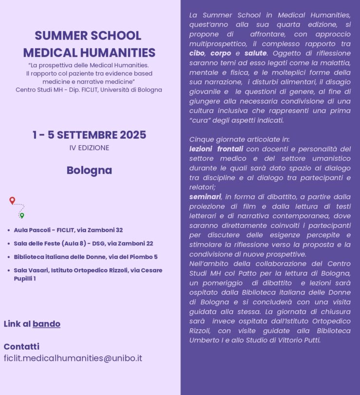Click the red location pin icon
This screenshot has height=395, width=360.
(12, 200)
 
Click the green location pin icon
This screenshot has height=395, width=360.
(21, 215)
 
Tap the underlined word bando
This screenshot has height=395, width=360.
(46, 324)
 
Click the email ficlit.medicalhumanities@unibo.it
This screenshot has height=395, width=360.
(73, 358)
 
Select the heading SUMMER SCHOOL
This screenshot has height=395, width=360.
(88, 36)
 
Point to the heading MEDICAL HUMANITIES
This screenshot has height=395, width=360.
(89, 53)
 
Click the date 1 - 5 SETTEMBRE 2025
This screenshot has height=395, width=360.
(89, 135)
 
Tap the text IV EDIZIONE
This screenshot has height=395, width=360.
(89, 148)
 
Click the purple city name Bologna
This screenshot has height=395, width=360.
(89, 170)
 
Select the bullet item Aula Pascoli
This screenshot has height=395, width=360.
(68, 230)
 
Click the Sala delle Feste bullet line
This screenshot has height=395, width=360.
(83, 244)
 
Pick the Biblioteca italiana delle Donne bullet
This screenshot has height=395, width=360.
(86, 257)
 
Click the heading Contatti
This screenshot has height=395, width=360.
(21, 347)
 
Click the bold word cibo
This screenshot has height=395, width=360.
(197, 53)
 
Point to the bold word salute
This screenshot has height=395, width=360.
(255, 53)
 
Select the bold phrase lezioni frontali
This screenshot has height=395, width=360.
(216, 149)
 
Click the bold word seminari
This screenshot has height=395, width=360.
(205, 197)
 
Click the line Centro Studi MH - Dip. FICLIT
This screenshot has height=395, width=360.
(89, 90)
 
